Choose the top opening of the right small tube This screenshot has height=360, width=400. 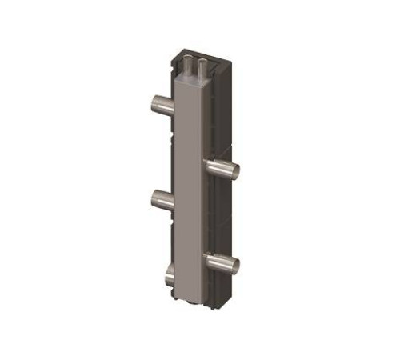pyautogui.click(x=203, y=59)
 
